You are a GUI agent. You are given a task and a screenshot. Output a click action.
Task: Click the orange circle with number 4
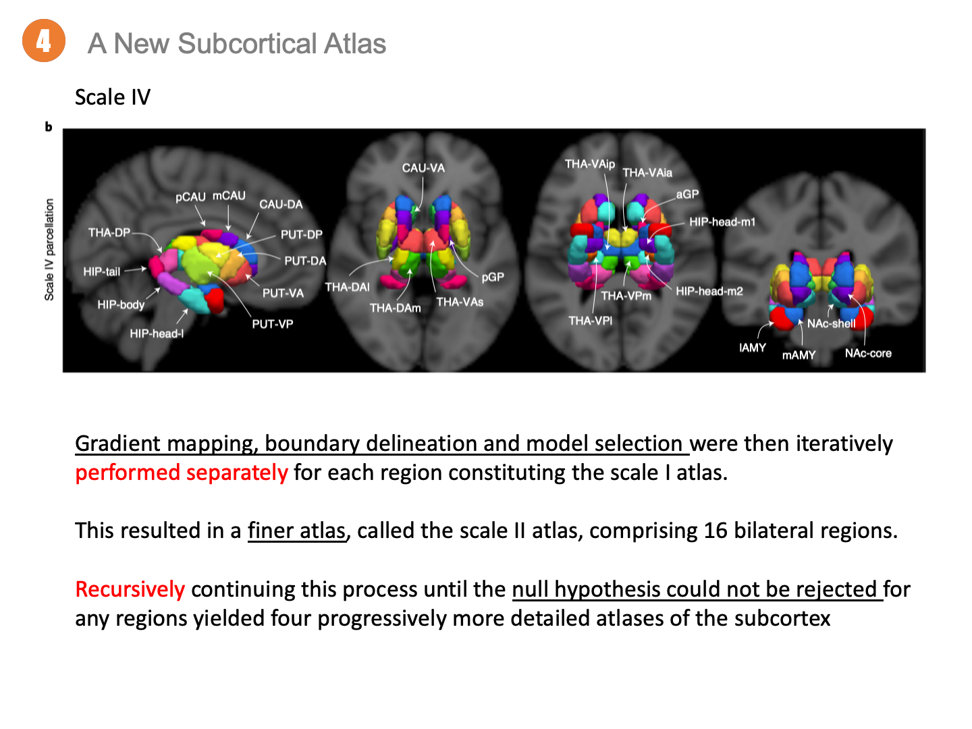click(44, 41)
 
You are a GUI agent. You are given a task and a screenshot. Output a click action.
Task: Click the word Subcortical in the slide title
click(247, 44)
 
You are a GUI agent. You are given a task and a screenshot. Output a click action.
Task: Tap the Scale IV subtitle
click(112, 97)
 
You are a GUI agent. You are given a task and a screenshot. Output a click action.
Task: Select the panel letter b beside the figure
click(49, 127)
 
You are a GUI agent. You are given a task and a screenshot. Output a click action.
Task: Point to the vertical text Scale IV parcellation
click(49, 250)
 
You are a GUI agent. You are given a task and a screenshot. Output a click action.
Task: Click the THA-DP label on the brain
click(109, 233)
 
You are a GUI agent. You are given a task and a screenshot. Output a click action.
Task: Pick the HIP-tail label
click(101, 271)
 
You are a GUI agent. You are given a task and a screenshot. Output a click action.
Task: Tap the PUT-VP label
click(272, 324)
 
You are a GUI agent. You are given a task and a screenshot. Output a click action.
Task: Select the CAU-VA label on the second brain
click(423, 168)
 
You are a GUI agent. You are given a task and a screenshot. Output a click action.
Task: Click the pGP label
click(493, 277)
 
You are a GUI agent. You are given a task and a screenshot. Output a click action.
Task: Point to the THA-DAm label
click(395, 308)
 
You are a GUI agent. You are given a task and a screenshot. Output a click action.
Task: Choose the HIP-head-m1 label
click(722, 222)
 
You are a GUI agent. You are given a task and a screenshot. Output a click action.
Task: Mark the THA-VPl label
click(590, 321)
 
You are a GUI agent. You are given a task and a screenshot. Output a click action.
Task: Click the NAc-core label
click(868, 353)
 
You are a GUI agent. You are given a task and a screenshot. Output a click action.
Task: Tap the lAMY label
click(752, 348)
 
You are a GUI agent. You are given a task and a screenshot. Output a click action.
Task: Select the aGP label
click(687, 194)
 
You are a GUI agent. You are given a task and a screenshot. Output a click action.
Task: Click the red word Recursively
click(130, 589)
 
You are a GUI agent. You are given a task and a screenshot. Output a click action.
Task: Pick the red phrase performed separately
click(182, 473)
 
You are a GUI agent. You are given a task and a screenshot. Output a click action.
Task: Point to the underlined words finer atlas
click(297, 531)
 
